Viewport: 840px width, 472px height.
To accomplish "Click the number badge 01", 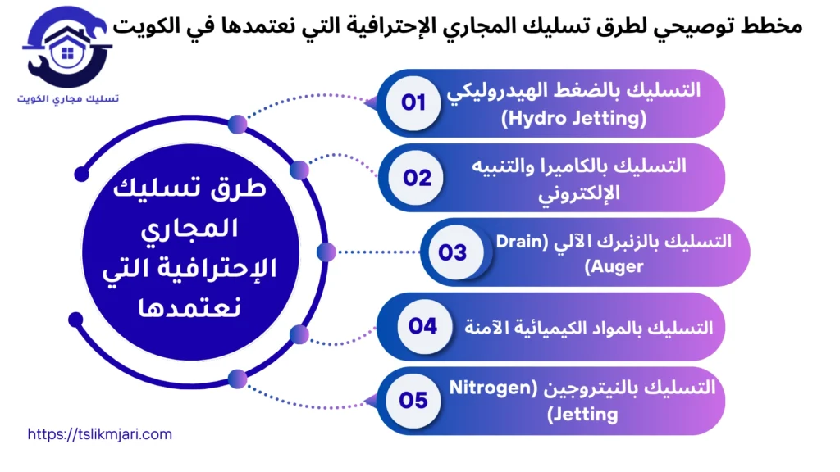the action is tap(413, 102).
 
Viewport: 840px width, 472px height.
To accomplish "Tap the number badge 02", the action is tap(416, 178).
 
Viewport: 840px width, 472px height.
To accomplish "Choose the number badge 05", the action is tap(413, 401).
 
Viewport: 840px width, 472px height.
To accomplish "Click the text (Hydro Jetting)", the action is tap(573, 118).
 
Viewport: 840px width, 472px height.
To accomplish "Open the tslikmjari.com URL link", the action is tap(99, 434).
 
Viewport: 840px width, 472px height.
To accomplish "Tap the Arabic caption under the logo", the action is tap(67, 99).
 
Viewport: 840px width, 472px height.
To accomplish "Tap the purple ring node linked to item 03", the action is tap(326, 252).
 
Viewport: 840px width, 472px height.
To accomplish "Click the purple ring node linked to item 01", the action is tap(238, 125).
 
